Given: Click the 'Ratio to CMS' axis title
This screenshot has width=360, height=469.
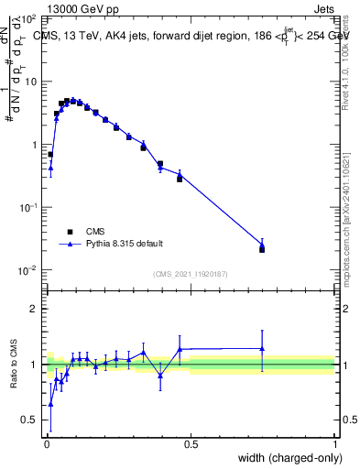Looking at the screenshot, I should pyautogui.click(x=14, y=364).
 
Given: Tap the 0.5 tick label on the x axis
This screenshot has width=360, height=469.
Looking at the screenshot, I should pyautogui.click(x=191, y=443).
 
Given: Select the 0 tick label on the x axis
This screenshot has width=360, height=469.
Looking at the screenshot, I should pyautogui.click(x=46, y=443).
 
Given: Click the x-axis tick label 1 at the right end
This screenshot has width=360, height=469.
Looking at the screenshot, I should pyautogui.click(x=334, y=443).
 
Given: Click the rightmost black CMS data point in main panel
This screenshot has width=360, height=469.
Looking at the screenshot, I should pyautogui.click(x=262, y=248).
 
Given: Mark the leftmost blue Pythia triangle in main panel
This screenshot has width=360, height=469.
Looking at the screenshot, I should pyautogui.click(x=50, y=168).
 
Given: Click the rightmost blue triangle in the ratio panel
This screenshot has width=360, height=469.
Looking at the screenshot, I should pyautogui.click(x=262, y=348).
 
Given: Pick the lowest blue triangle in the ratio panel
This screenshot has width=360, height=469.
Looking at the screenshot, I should pyautogui.click(x=50, y=403).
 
